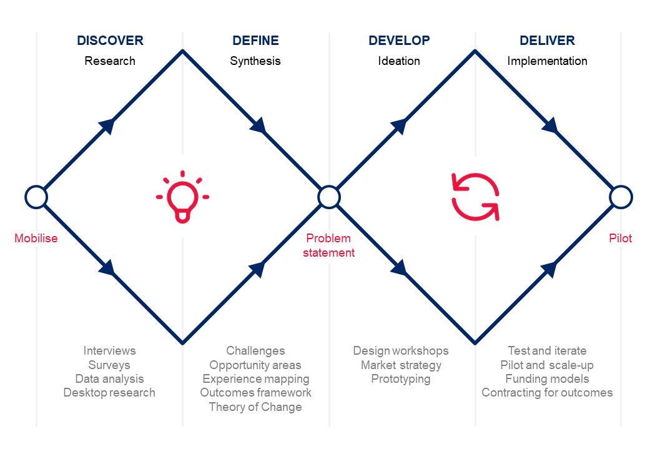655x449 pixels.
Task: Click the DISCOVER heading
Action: [111, 41]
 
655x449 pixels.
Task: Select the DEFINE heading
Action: [255, 41]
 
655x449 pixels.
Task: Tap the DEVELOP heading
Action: [399, 41]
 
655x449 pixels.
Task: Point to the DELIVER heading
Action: [547, 41]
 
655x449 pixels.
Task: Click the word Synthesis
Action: [255, 61]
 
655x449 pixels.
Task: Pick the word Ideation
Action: [399, 61]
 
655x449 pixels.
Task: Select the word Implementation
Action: [547, 61]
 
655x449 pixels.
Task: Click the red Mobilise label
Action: [36, 238]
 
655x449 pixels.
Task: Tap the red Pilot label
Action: [620, 238]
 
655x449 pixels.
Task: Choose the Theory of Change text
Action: [255, 407]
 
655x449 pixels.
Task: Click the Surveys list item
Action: [109, 365]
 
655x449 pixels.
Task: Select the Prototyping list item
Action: [401, 379]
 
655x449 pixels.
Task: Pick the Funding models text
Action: [547, 379]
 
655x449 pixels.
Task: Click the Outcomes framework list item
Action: [255, 393]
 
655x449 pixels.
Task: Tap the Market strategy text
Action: [401, 365]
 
